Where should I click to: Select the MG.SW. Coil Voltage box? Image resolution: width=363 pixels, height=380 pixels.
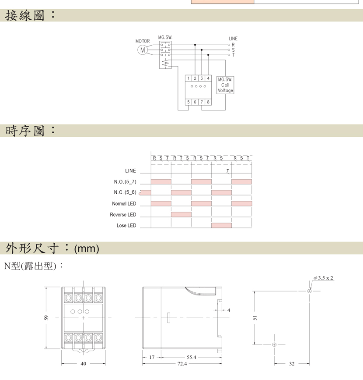[x=225, y=85]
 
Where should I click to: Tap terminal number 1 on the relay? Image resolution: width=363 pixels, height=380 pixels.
[x=188, y=78]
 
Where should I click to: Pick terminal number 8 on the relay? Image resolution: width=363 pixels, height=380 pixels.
[x=208, y=102]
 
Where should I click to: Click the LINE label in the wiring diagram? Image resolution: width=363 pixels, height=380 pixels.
[x=233, y=39]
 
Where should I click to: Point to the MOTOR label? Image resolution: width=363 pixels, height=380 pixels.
[x=143, y=41]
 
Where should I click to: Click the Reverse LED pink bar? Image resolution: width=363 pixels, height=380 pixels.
[x=181, y=214]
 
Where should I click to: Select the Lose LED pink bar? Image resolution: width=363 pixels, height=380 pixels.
[x=221, y=225]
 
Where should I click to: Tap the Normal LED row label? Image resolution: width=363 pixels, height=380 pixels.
[x=124, y=203]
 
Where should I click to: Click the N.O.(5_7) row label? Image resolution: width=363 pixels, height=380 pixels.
[x=125, y=182]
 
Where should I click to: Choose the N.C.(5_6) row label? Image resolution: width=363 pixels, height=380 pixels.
[x=125, y=192]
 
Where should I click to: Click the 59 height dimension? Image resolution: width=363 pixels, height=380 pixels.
[x=46, y=318]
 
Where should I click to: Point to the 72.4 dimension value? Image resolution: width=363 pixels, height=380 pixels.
[x=182, y=363]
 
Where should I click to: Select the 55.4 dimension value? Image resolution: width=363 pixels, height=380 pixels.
[x=191, y=357]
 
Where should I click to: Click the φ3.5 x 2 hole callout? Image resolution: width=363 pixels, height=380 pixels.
[x=323, y=278]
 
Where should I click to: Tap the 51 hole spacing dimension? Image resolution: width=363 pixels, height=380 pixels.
[x=255, y=318]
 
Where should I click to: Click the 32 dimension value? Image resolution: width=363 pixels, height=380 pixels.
[x=292, y=363]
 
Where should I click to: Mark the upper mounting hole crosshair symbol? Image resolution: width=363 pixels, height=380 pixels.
[x=309, y=291]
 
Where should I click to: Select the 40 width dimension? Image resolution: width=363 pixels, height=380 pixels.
[x=83, y=363]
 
